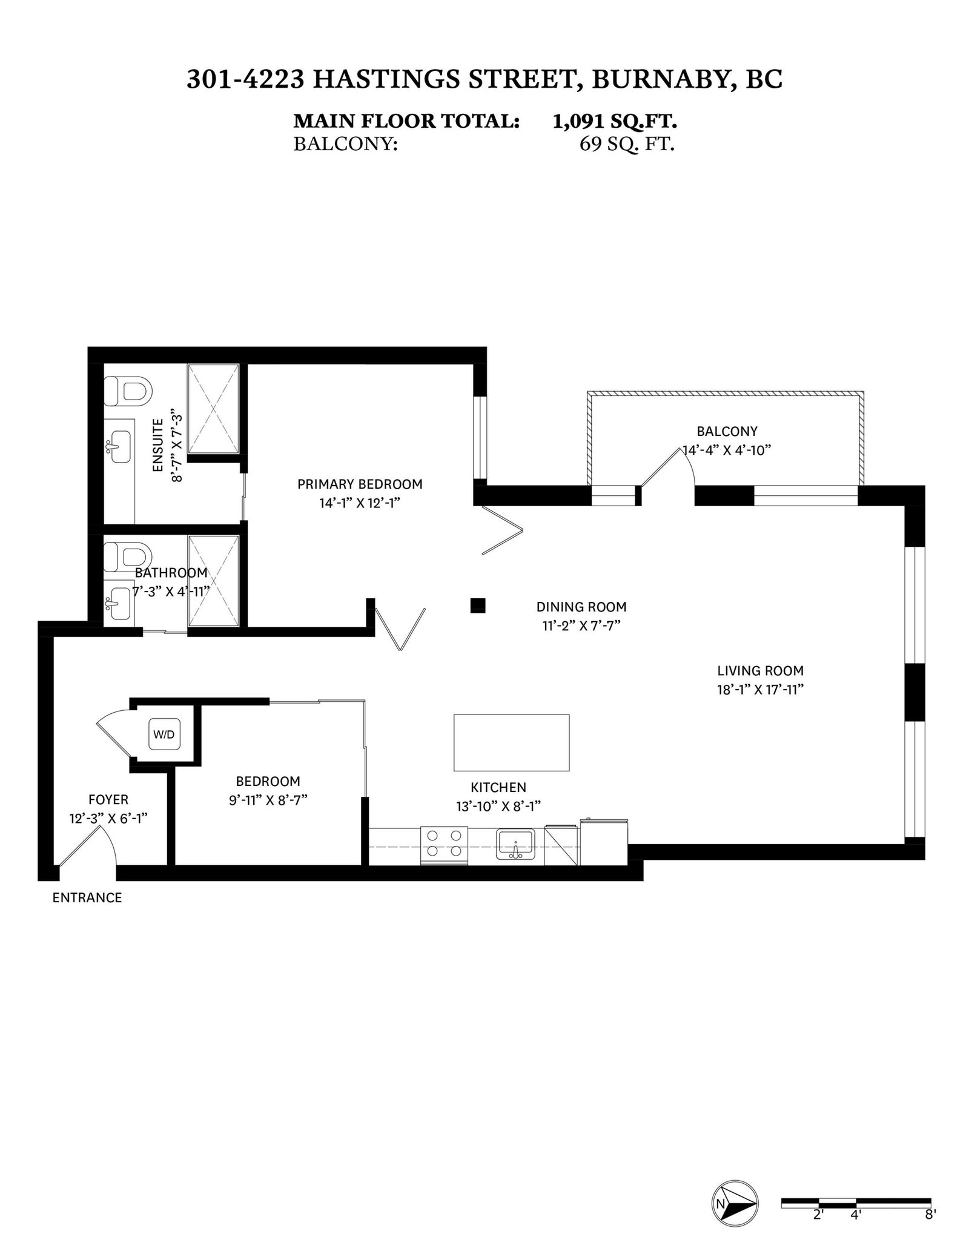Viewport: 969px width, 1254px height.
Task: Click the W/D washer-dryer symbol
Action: click(164, 735)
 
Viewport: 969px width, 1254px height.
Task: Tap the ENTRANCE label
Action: click(87, 898)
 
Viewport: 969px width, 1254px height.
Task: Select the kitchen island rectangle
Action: click(511, 742)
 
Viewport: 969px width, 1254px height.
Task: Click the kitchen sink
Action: click(515, 845)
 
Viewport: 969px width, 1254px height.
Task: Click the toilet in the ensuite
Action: click(127, 391)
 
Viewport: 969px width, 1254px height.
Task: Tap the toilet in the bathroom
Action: click(127, 557)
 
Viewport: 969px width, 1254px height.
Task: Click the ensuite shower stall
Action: click(213, 409)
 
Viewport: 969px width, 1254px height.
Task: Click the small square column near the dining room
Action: click(478, 605)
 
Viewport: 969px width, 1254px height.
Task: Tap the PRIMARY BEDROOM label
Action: click(360, 484)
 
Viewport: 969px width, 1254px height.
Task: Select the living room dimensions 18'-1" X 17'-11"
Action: click(760, 690)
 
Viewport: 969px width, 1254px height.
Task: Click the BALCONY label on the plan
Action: click(727, 432)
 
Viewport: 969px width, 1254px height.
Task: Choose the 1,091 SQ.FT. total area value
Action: click(615, 121)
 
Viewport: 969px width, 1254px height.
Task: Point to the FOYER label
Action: click(108, 800)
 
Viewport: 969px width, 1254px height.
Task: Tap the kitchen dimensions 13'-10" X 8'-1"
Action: click(498, 807)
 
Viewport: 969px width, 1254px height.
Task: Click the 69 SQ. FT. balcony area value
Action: click(627, 145)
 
